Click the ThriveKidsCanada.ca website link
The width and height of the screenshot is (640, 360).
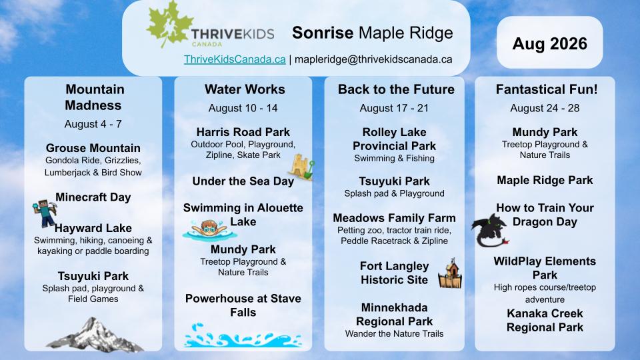click(x=235, y=59)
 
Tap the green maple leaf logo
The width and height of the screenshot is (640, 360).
click(x=169, y=25)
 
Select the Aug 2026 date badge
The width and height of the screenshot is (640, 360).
click(x=550, y=43)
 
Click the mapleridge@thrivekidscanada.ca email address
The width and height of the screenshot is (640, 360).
click(x=373, y=59)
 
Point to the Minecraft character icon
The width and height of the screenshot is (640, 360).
click(x=46, y=213)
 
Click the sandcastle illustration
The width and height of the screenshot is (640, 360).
click(x=302, y=167)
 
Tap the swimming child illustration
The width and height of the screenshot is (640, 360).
click(x=209, y=230)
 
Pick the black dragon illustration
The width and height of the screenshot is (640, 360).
click(x=490, y=231)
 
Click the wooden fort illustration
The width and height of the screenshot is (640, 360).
click(x=450, y=273)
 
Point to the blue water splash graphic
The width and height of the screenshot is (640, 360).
click(x=243, y=335)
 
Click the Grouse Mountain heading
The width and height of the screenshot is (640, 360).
click(x=93, y=148)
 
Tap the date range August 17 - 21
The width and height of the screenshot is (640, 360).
click(x=394, y=108)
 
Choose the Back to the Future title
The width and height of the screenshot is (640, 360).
click(x=396, y=89)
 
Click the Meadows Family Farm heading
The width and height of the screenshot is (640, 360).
click(x=394, y=218)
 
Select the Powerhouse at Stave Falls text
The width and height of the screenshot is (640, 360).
click(x=243, y=305)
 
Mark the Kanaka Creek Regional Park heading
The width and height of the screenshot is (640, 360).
click(x=545, y=321)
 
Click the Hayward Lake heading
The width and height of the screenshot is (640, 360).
click(x=93, y=228)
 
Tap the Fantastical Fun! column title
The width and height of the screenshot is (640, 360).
click(x=547, y=89)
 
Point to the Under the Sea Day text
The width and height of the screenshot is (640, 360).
click(x=243, y=181)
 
